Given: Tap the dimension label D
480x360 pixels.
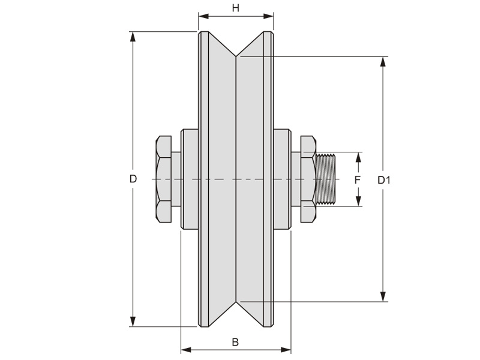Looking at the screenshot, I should tap(133, 179).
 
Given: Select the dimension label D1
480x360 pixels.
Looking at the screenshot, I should tap(384, 179).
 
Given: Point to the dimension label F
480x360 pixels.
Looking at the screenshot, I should tap(357, 179).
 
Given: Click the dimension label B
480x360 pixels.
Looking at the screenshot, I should tap(235, 343).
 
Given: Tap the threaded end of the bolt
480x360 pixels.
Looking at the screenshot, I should tap(327, 179).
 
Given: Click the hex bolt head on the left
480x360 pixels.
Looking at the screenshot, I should tap(164, 179).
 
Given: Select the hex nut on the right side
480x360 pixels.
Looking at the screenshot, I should tap(308, 179).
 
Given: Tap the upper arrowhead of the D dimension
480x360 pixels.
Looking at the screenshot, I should tap(133, 36).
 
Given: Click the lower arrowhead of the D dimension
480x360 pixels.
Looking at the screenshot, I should tap(133, 322).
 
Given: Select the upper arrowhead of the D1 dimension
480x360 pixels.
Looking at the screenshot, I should tap(383, 62).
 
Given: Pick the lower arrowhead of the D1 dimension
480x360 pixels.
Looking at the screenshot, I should tap(383, 296).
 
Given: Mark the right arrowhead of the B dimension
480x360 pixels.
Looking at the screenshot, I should tap(286, 349).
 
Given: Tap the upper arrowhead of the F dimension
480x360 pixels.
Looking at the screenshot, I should tap(358, 157).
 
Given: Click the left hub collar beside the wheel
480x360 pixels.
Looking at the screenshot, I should tap(190, 179).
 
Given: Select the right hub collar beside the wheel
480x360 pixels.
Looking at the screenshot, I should tap(282, 179).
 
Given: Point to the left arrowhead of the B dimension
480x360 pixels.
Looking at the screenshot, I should tap(185, 349).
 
